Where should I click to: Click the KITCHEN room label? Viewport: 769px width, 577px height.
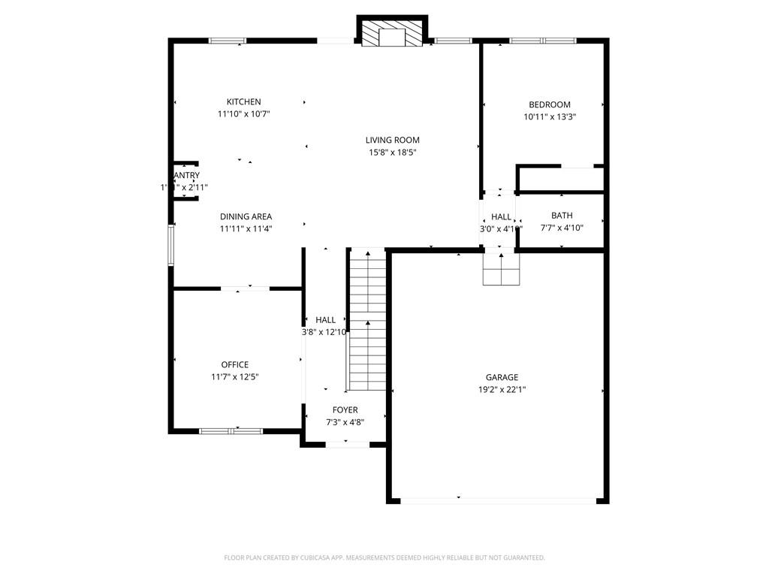point(244,102)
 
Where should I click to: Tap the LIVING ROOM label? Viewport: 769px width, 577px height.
point(392,140)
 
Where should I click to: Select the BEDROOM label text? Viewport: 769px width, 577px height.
point(550,104)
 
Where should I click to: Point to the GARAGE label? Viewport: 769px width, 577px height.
point(502,377)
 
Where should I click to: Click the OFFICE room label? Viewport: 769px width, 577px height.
point(234,365)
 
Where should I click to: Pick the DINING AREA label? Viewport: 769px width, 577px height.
point(246,216)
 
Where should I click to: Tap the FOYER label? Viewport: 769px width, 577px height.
point(345,409)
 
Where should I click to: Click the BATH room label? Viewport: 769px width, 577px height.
point(562,216)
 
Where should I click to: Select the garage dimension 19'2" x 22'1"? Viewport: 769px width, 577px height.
point(502,390)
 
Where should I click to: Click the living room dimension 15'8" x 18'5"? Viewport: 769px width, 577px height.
point(392,153)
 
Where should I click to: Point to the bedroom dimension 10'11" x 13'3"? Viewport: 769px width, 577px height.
point(550,117)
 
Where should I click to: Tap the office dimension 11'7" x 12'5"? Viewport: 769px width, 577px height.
point(234,377)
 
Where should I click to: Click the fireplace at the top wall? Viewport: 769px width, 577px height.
point(391,34)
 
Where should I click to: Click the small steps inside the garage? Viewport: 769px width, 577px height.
point(501,269)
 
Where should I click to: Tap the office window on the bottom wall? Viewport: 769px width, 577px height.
point(231,431)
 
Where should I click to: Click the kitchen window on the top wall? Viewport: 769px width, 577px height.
point(227,41)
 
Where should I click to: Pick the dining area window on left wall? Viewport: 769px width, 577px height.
point(171,245)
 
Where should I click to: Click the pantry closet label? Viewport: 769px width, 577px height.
point(185,176)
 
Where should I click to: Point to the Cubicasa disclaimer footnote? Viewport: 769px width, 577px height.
point(384,557)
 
